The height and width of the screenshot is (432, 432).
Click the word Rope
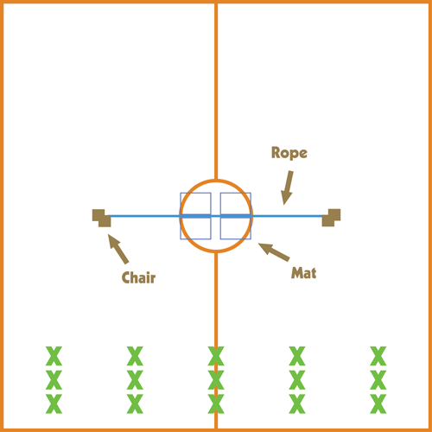pos(289,153)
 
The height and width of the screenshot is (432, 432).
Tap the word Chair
pos(138,277)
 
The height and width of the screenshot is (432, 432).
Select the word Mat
pos(303,273)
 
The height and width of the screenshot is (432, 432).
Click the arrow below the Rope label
pos(287,187)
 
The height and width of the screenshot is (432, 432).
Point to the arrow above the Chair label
pos(118,249)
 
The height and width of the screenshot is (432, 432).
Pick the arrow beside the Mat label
pos(274,252)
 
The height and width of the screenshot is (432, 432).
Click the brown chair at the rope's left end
pos(101,218)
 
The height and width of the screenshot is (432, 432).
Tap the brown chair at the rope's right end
pos(331,218)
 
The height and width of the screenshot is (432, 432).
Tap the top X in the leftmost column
pos(54,356)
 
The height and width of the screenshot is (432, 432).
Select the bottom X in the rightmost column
pos(378,403)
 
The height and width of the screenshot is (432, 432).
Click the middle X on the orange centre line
pos(216,380)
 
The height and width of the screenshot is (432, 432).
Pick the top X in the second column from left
pos(135,356)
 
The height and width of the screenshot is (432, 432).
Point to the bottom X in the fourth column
pos(297,403)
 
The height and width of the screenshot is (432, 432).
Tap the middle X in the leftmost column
pos(54,380)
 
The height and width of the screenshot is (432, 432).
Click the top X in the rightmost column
pos(378,356)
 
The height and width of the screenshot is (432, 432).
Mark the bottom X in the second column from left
pos(135,403)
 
